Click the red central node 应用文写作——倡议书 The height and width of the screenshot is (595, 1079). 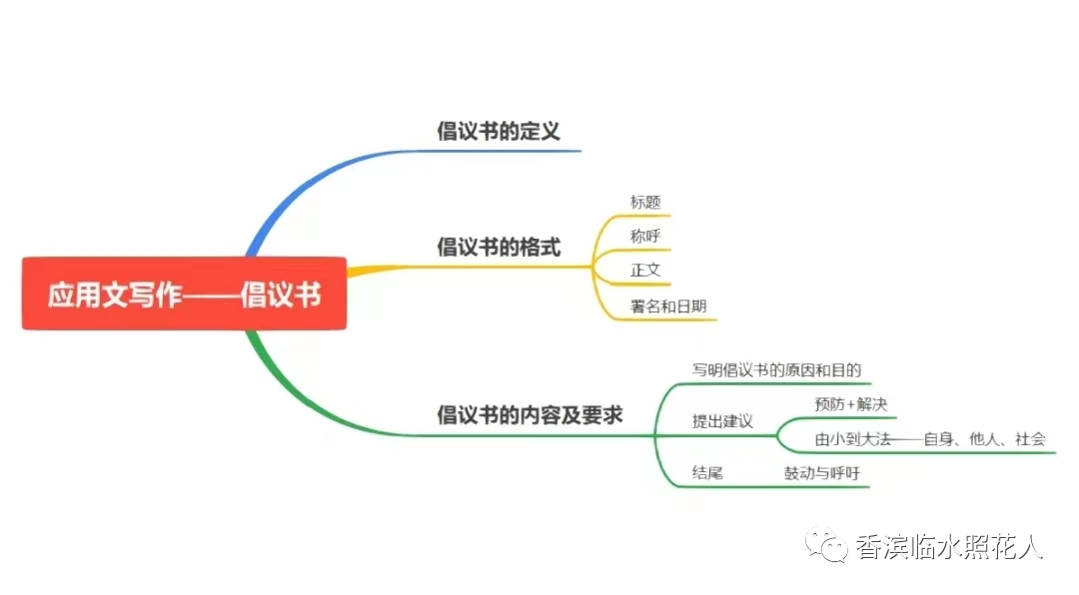(x=184, y=294)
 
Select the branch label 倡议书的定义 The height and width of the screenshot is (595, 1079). (x=499, y=131)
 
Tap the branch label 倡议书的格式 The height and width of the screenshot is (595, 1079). (x=499, y=247)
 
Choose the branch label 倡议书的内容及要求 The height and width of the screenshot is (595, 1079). (x=530, y=414)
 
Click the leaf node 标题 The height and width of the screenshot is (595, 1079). (x=645, y=203)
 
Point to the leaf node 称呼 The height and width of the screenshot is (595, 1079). (x=645, y=237)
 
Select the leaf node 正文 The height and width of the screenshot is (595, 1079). (x=645, y=271)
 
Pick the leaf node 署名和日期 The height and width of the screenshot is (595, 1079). (x=668, y=306)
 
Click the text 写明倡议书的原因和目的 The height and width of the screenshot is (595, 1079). (x=776, y=370)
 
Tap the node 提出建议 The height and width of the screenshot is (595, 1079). (x=722, y=421)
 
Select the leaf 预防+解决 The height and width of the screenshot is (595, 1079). (x=850, y=404)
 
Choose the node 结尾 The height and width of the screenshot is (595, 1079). (x=707, y=473)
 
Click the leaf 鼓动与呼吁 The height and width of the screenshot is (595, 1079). (x=821, y=473)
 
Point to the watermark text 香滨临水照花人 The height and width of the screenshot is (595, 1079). (x=949, y=547)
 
